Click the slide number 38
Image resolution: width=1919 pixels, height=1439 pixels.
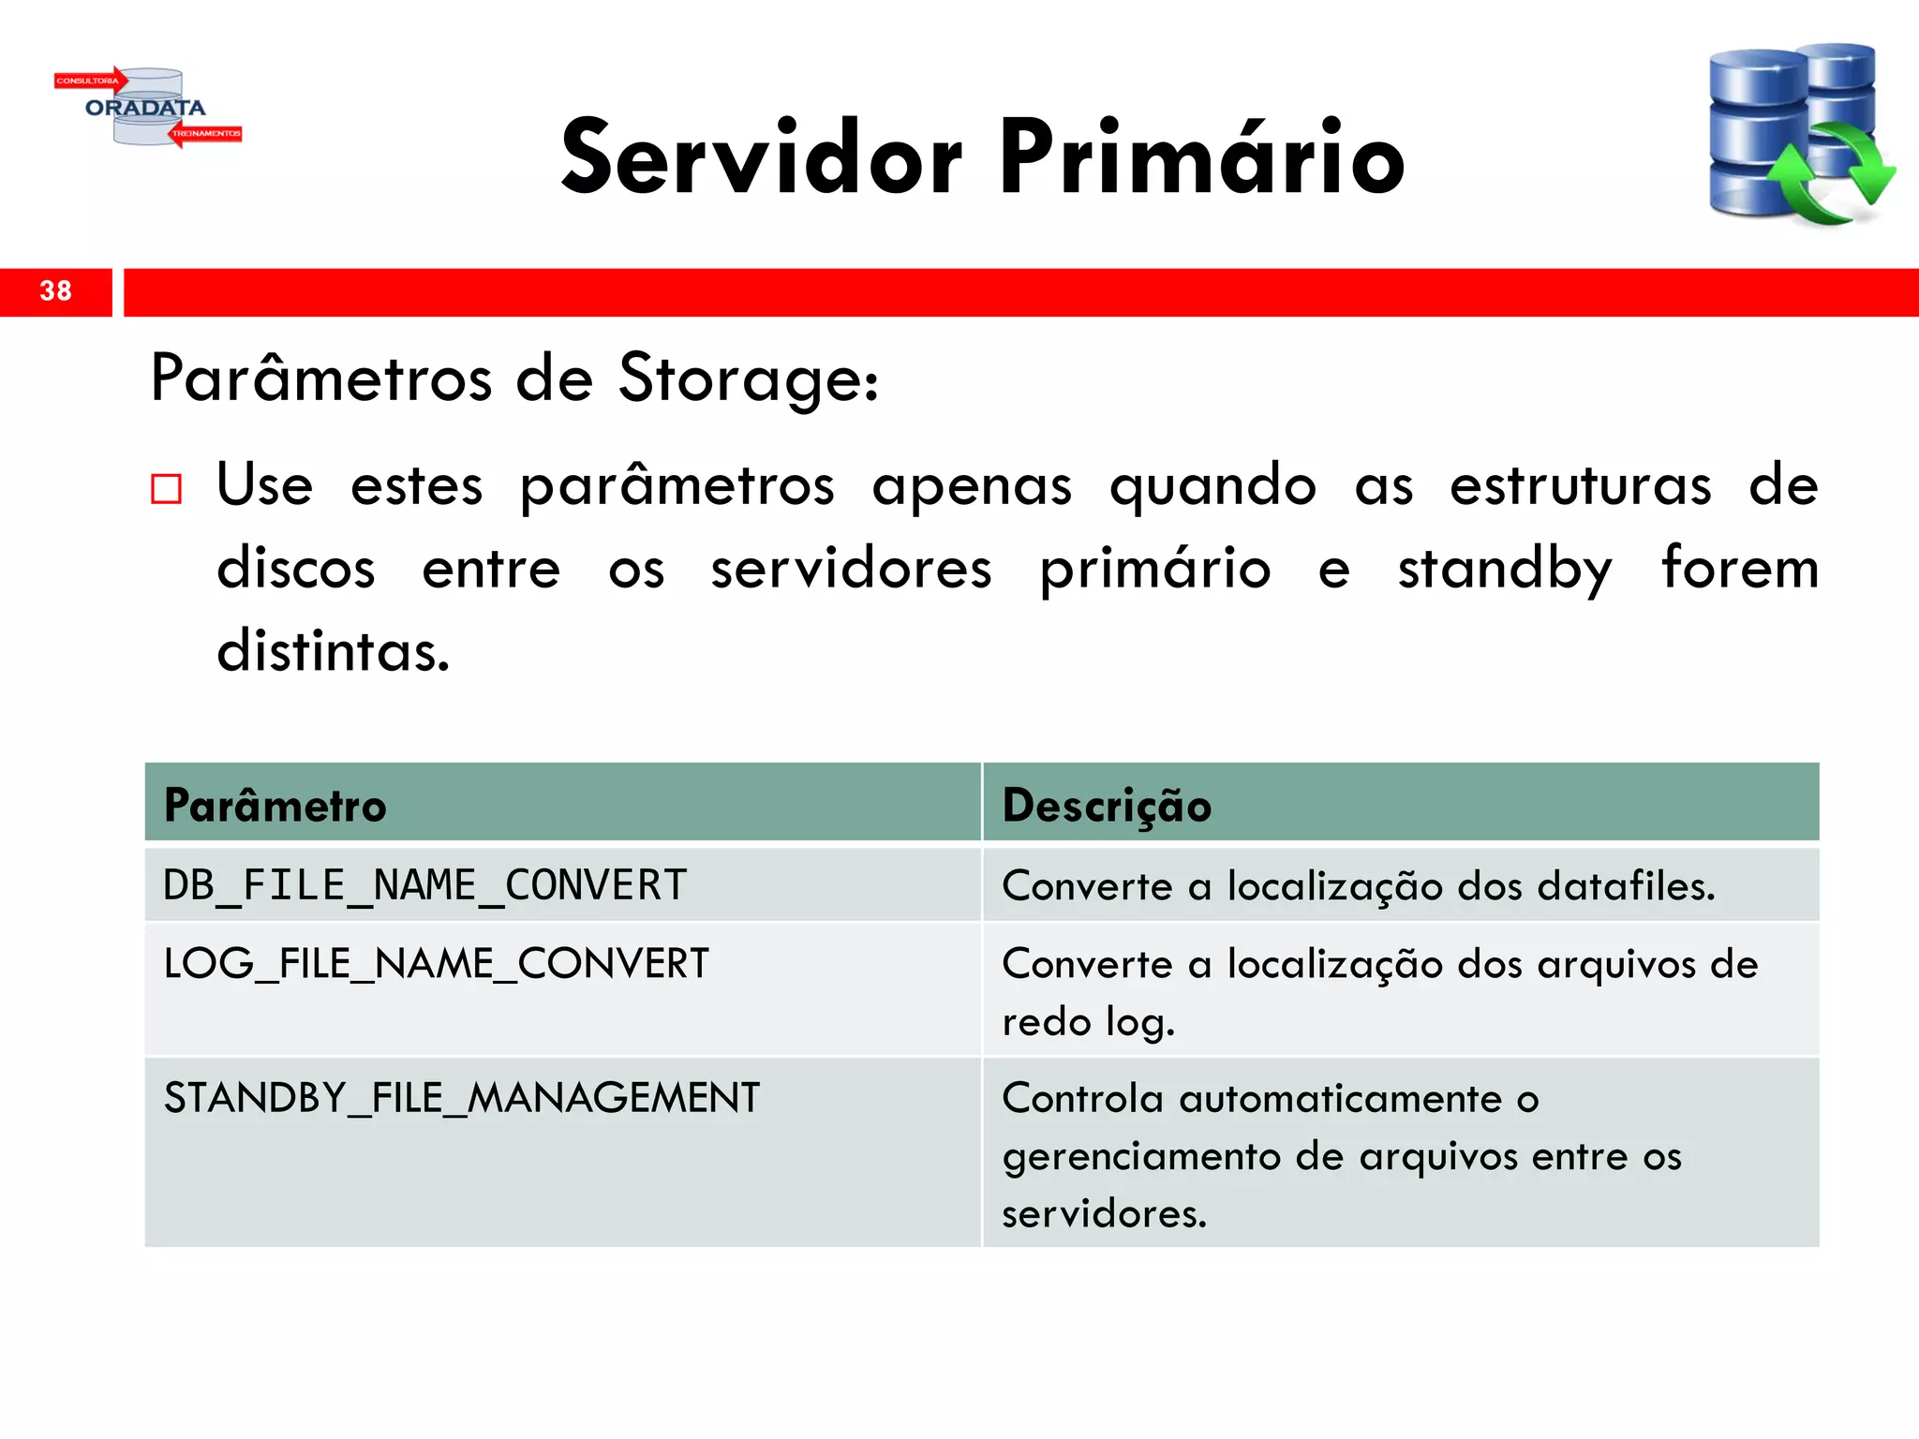point(55,291)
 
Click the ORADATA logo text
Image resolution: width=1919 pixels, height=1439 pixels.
point(145,108)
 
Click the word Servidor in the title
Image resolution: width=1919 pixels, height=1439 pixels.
point(761,157)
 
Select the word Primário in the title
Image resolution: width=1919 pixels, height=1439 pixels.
point(1201,157)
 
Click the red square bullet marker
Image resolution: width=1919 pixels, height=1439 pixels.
point(166,488)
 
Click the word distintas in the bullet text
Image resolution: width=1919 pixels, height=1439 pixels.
point(333,650)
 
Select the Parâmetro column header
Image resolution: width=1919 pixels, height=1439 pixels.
point(275,806)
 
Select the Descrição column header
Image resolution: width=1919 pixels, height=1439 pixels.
point(1107,806)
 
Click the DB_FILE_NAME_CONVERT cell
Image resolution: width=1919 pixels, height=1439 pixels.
point(425,885)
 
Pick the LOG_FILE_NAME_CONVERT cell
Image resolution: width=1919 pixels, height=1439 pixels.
point(436,964)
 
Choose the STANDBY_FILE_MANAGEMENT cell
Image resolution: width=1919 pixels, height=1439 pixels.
point(461,1098)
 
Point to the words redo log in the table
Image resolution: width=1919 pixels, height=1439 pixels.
point(1087,1022)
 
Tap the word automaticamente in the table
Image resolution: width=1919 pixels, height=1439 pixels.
point(1341,1099)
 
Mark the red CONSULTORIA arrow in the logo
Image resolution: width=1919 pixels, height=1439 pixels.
point(90,81)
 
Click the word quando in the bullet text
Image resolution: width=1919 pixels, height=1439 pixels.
point(1212,487)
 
